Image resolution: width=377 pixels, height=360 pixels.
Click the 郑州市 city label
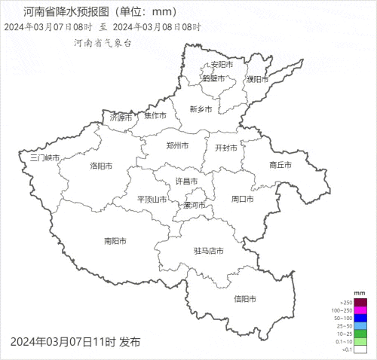(x=177, y=145)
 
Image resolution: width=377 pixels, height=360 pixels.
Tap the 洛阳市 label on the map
(x=101, y=166)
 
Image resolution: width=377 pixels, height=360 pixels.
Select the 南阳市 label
(x=115, y=241)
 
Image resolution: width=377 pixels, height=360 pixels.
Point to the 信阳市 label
(x=245, y=299)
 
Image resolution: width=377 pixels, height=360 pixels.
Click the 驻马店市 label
(x=207, y=251)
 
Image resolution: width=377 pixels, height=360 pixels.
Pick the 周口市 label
(x=242, y=200)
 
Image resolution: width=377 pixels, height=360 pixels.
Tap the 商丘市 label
(x=280, y=165)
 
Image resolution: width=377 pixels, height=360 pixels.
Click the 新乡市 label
(x=201, y=109)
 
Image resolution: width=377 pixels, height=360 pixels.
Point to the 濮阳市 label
(x=257, y=79)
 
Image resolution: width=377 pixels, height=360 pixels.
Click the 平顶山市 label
(x=152, y=200)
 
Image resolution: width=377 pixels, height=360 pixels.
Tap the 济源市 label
(x=121, y=117)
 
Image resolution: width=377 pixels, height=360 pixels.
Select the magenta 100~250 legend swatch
(x=360, y=310)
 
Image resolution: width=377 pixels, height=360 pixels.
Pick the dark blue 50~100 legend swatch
(x=360, y=319)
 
